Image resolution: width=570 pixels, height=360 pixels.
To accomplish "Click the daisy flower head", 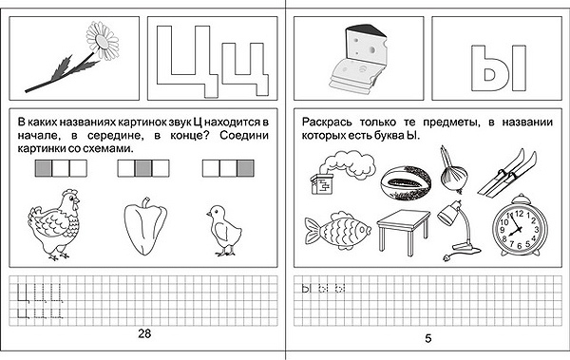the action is [x=103, y=40].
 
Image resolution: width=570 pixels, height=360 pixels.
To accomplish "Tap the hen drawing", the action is [x=54, y=224].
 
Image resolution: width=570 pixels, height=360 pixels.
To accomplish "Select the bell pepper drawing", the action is [x=145, y=226].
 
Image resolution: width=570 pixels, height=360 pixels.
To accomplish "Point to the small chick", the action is [x=223, y=231].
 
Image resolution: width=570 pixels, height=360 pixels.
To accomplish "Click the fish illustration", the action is [x=337, y=230].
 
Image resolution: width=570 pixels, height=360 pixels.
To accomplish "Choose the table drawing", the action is [x=404, y=230].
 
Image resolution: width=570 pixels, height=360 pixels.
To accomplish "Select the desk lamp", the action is [x=458, y=230].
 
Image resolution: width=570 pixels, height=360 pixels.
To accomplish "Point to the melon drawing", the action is [x=406, y=183].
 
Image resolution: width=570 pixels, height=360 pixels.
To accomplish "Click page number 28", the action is [x=144, y=333].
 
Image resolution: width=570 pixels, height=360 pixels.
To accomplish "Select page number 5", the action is [x=428, y=338].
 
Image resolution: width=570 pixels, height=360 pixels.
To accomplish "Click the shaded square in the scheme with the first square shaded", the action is [x=44, y=168].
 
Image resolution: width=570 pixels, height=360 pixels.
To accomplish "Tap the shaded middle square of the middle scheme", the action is [x=143, y=168].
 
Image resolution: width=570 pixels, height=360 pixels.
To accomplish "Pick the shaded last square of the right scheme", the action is [x=245, y=168].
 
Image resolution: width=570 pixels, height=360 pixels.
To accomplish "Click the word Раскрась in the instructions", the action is [x=327, y=123].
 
